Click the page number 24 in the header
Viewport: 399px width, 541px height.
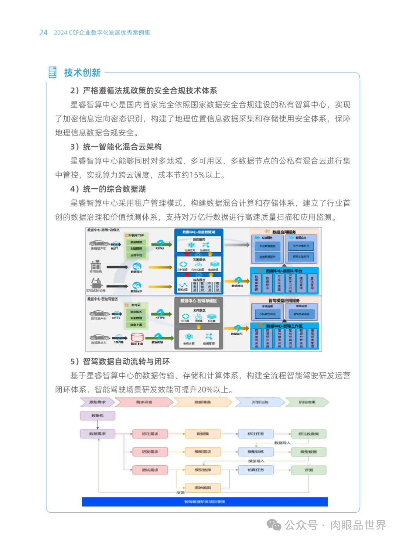click(43, 32)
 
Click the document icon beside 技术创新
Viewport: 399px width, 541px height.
click(52, 72)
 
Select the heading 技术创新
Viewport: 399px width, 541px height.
click(82, 73)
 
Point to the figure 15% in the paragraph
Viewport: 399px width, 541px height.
click(197, 175)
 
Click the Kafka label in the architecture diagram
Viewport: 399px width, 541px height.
click(160, 248)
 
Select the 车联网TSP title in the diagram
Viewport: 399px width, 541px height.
click(136, 235)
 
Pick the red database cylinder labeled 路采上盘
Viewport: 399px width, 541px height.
click(137, 337)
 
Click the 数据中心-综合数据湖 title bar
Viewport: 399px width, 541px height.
click(199, 232)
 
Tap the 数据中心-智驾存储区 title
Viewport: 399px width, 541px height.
click(199, 301)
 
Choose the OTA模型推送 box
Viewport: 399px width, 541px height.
click(267, 314)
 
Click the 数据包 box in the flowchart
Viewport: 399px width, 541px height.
click(98, 416)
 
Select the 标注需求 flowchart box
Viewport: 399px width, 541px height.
click(150, 434)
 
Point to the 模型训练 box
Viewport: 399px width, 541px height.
click(256, 452)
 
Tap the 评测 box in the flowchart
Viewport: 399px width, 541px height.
click(308, 470)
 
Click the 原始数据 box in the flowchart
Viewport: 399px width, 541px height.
click(203, 488)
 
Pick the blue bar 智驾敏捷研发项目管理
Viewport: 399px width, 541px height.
click(205, 502)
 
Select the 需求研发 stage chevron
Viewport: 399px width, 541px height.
click(144, 402)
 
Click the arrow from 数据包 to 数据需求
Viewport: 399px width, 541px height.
click(98, 425)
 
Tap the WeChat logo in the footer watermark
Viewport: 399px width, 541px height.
click(274, 525)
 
